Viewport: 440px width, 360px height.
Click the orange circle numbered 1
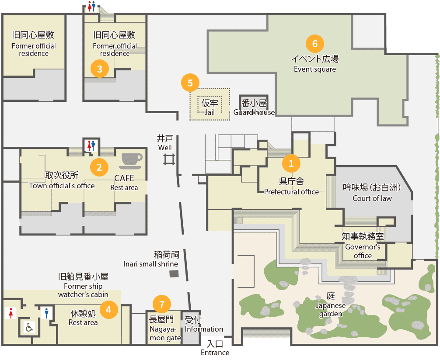click(291, 163)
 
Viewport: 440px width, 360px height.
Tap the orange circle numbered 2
click(99, 167)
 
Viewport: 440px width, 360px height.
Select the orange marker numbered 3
click(100, 69)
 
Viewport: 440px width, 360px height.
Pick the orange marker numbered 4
click(108, 309)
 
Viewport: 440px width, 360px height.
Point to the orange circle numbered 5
click(190, 83)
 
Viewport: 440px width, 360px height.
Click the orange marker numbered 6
click(315, 44)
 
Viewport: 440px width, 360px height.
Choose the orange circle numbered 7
click(162, 304)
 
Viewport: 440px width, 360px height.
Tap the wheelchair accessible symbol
click(29, 327)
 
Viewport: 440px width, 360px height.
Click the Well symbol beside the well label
click(170, 159)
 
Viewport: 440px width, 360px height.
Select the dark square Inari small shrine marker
click(174, 273)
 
